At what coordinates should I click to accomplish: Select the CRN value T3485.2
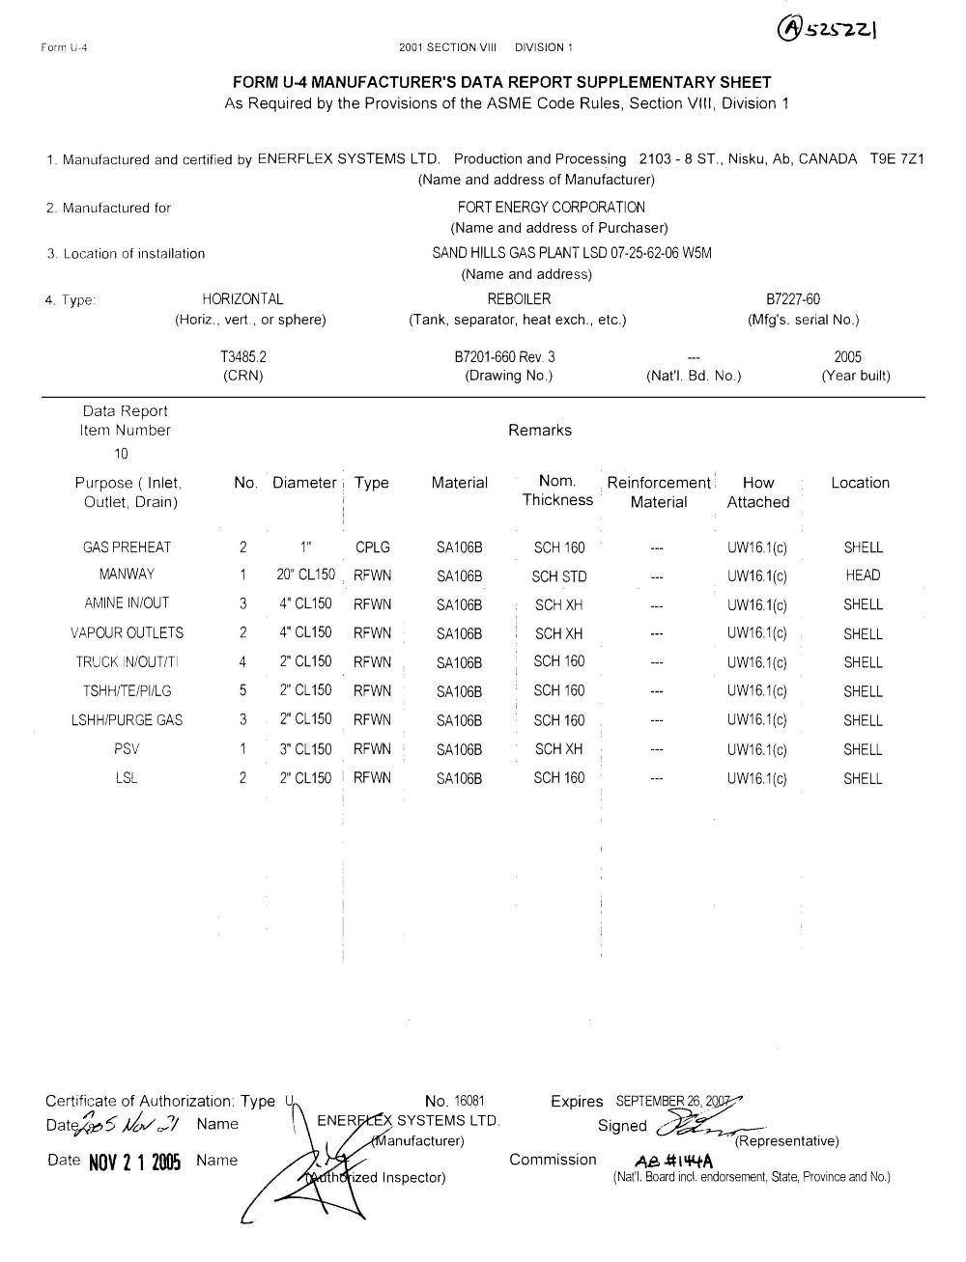click(x=242, y=356)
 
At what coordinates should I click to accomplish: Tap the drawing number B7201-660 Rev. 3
click(x=504, y=356)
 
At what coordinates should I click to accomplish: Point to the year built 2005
click(x=847, y=356)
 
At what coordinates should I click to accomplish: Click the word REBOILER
click(x=519, y=299)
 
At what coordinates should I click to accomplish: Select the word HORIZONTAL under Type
click(x=242, y=299)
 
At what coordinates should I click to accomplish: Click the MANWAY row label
click(x=127, y=575)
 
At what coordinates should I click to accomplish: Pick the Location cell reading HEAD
click(x=863, y=575)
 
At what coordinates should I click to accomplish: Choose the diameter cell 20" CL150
click(x=305, y=575)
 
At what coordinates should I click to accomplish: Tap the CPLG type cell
click(x=373, y=547)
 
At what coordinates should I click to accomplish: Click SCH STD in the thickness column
click(x=559, y=576)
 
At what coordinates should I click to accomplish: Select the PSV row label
click(x=127, y=748)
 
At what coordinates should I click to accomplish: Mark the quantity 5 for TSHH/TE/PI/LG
click(x=242, y=690)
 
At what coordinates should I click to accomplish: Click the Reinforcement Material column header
click(x=659, y=492)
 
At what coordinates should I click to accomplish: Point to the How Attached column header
click(x=758, y=492)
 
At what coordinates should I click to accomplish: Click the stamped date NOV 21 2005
click(x=134, y=1162)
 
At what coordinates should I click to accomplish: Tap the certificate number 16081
click(x=469, y=1101)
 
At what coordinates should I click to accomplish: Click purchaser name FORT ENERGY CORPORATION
click(x=551, y=207)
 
